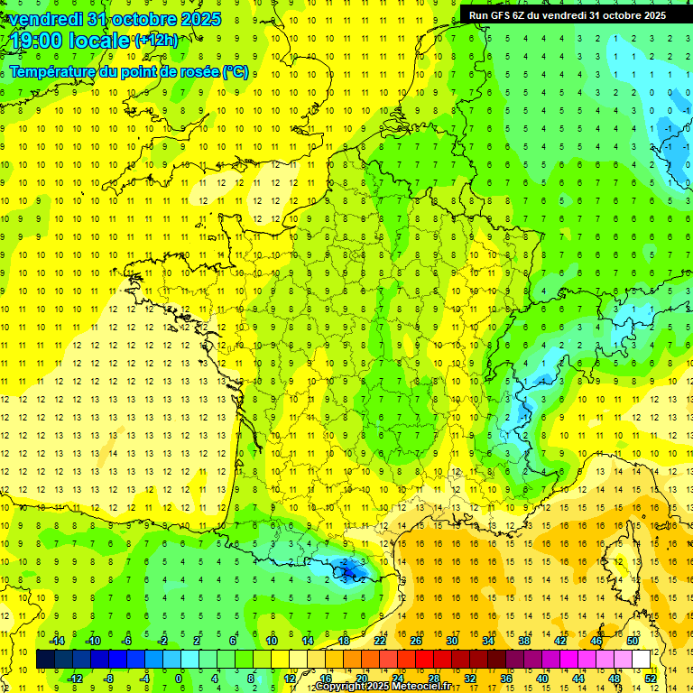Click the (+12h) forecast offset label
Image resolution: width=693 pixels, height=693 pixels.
pyautogui.click(x=156, y=40)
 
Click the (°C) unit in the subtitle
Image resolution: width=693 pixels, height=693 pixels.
pyautogui.click(x=236, y=72)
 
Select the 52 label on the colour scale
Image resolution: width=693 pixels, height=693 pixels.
pyautogui.click(x=651, y=678)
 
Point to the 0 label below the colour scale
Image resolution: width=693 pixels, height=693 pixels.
pyautogui.click(x=178, y=678)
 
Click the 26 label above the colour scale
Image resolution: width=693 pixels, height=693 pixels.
pyautogui.click(x=416, y=641)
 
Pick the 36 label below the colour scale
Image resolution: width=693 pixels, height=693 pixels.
pyautogui.click(x=506, y=678)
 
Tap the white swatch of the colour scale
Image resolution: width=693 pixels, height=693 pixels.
pyautogui.click(x=642, y=659)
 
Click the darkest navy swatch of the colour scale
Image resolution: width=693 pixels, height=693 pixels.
pyautogui.click(x=45, y=659)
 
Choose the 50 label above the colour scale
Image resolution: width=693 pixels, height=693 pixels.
pyautogui.click(x=633, y=641)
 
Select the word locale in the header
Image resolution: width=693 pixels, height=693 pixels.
pyautogui.click(x=98, y=41)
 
